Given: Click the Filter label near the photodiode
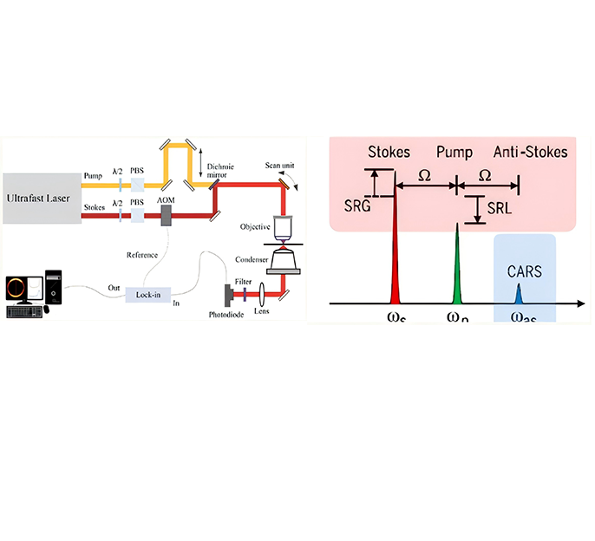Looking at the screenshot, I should click(x=244, y=282).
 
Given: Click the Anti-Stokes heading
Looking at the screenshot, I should click(x=530, y=153).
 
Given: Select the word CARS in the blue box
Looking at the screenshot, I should click(x=524, y=271).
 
